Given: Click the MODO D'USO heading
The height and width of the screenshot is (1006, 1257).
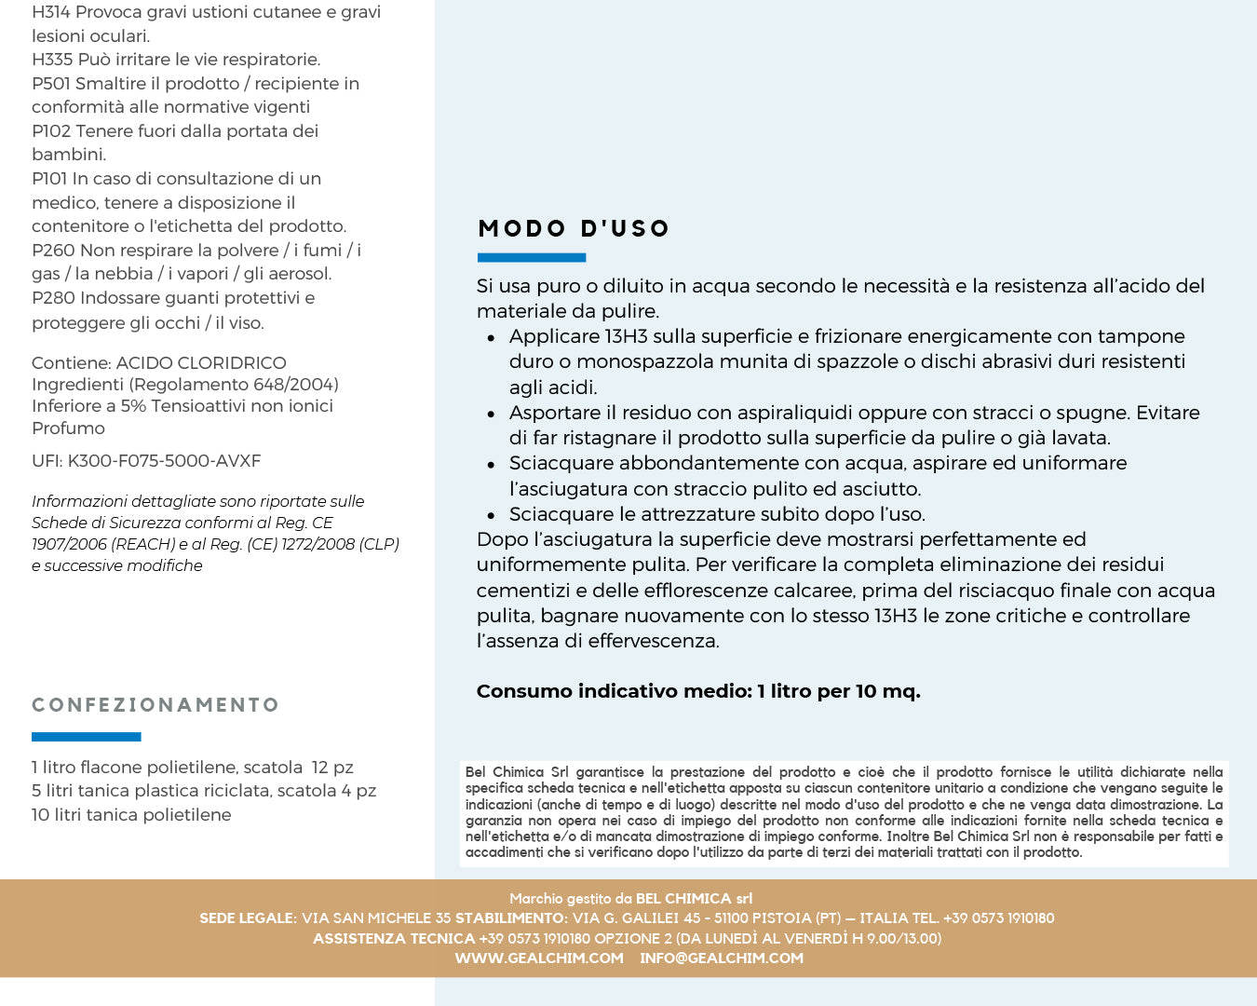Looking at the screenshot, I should (574, 228).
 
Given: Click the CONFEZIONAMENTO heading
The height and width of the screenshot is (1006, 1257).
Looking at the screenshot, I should (155, 705).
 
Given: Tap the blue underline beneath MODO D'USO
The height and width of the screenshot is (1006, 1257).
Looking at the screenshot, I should (532, 257).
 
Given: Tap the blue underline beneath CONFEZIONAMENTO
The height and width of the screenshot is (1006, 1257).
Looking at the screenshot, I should (86, 737).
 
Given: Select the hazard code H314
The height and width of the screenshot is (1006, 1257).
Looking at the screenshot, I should (50, 12).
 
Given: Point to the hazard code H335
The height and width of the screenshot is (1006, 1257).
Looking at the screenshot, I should (52, 60).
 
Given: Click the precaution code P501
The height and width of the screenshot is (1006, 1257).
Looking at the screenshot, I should (51, 84).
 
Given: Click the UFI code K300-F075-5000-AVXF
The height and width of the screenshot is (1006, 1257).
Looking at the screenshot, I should (164, 461).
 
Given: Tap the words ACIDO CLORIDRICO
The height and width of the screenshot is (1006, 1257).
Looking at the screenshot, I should (201, 363).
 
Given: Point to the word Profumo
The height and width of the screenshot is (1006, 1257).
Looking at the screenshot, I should (68, 428).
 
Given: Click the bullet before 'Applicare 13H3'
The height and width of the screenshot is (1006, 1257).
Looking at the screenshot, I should (491, 337).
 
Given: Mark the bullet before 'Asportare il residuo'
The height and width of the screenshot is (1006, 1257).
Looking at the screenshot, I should (491, 414).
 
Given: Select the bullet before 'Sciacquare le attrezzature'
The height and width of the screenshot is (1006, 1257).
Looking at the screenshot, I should (491, 515).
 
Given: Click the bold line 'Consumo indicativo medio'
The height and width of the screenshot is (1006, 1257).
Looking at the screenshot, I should (698, 691).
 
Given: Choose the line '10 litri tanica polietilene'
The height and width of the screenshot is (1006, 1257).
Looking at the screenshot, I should (131, 815).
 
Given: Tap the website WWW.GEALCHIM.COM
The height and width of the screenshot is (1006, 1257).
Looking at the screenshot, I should (539, 958).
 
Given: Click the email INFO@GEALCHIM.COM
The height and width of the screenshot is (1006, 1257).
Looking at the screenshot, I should (722, 958).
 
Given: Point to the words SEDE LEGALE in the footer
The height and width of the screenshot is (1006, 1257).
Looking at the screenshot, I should (247, 918).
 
